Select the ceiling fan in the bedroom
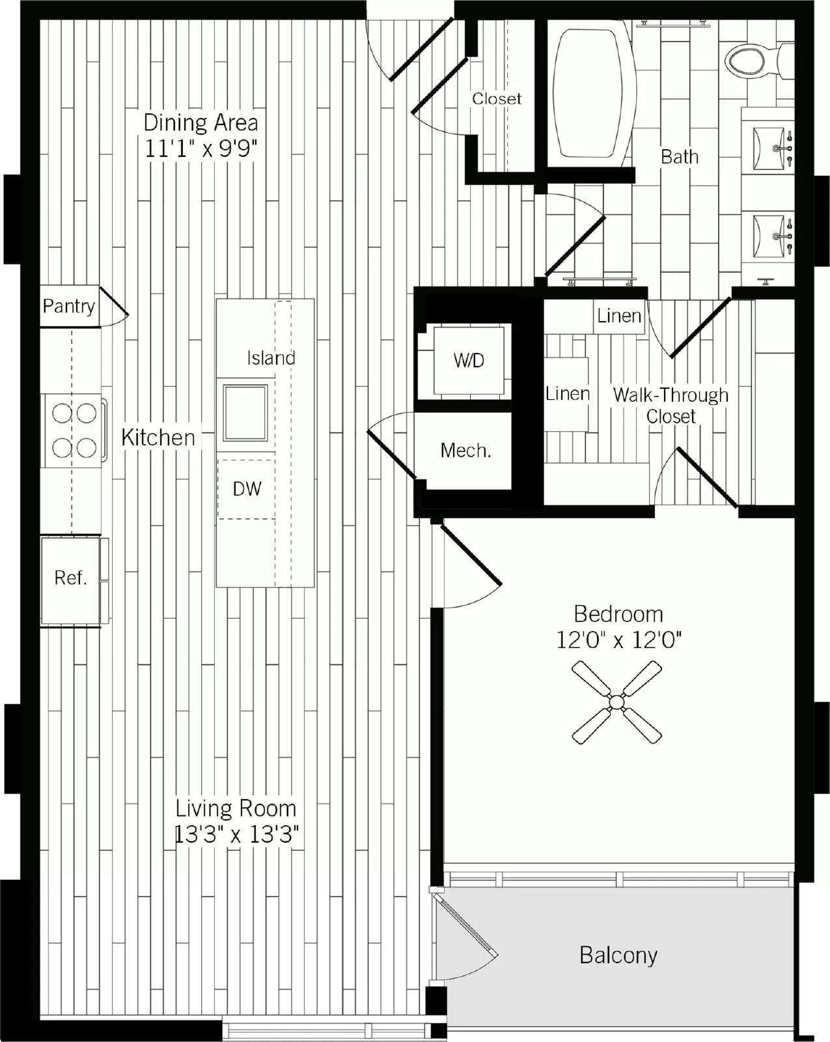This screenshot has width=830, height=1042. (x=616, y=701)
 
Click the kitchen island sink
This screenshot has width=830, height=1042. (x=245, y=413)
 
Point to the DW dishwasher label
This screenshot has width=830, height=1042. (x=247, y=489)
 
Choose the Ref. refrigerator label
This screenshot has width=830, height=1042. (x=71, y=578)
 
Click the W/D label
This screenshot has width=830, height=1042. (x=469, y=360)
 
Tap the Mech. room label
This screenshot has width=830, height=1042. (x=465, y=451)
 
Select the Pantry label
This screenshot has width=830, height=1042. (x=69, y=307)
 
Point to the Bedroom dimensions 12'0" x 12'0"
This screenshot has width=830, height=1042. (x=618, y=641)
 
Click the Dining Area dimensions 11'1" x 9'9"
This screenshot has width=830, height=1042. (x=201, y=148)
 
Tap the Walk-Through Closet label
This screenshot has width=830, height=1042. (x=671, y=406)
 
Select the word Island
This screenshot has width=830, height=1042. (x=271, y=358)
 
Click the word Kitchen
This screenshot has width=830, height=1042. (x=158, y=438)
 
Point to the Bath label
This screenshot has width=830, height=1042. (x=680, y=157)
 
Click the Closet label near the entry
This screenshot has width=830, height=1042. (x=497, y=99)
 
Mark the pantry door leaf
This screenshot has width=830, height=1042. (x=114, y=301)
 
